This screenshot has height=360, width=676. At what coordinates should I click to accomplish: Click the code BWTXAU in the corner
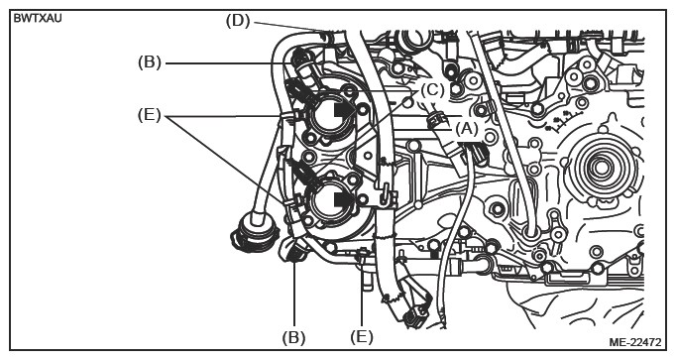(x=38, y=19)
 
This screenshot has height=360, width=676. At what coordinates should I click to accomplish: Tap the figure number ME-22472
(x=634, y=342)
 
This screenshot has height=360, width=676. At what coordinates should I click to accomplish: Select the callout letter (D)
(x=238, y=20)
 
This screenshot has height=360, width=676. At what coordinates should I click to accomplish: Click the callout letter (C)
(x=432, y=90)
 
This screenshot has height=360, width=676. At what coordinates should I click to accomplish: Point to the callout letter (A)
(x=467, y=129)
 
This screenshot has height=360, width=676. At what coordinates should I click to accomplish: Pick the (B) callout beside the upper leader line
(x=149, y=62)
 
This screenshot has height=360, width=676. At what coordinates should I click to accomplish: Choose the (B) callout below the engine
(x=293, y=337)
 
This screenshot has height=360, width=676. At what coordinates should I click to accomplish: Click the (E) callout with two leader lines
(x=149, y=115)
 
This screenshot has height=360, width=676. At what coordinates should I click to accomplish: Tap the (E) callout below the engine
(x=361, y=337)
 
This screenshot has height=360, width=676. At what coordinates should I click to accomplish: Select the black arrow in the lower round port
(x=344, y=198)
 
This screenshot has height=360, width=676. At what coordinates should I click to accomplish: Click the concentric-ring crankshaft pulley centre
(x=601, y=167)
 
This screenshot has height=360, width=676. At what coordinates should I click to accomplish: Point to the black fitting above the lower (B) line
(x=294, y=254)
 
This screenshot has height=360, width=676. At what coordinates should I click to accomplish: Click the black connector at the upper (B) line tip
(x=301, y=58)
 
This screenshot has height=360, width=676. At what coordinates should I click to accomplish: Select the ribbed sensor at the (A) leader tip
(x=434, y=119)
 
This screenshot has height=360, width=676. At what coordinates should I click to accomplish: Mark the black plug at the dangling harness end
(x=413, y=318)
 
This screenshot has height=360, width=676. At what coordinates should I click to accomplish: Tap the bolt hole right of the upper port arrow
(x=363, y=109)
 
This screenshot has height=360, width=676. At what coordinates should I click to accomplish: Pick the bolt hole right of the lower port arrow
(x=363, y=198)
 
